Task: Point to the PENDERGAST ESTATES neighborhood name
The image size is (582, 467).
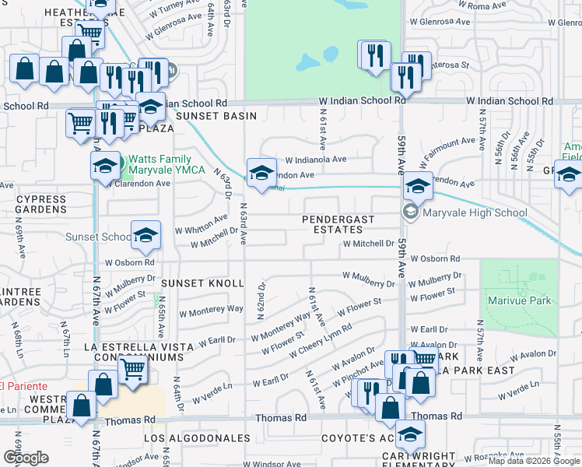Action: pyautogui.click(x=338, y=225)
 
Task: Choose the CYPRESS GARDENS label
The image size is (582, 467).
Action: pyautogui.click(x=41, y=205)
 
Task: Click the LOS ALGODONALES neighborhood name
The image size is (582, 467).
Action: pyautogui.click(x=195, y=439)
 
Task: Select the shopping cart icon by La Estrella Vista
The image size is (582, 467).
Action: pyautogui.click(x=133, y=367)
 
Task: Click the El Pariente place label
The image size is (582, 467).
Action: pyautogui.click(x=23, y=386)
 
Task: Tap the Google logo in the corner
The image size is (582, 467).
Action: pyautogui.click(x=26, y=458)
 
